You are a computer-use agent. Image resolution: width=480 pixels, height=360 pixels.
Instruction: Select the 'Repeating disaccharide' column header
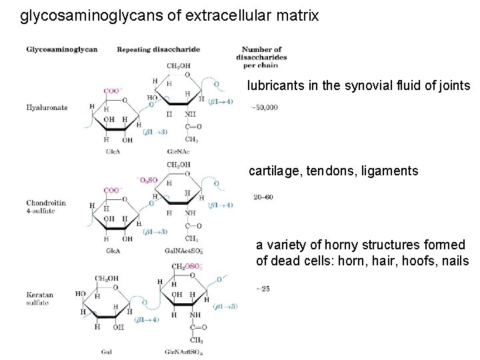point(158,49)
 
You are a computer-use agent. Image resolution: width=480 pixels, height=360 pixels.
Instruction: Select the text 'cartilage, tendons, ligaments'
point(333,171)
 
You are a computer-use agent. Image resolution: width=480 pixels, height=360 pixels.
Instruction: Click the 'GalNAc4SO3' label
point(183,251)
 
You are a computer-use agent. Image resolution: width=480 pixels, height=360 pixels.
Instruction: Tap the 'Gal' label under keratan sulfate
point(107,351)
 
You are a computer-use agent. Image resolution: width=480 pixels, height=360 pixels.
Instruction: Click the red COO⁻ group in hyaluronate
point(112,91)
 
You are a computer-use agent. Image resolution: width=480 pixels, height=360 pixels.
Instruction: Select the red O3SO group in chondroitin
point(146,179)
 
